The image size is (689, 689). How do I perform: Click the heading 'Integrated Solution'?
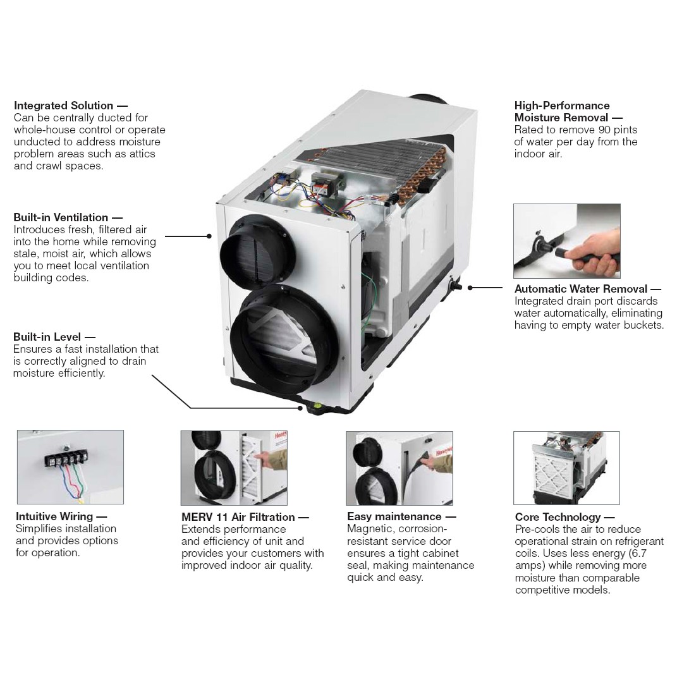64,106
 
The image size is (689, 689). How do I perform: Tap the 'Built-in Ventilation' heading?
61,217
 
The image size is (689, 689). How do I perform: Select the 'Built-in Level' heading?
47,337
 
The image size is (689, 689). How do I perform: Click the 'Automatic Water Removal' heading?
580,289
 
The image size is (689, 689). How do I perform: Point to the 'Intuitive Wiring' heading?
54,516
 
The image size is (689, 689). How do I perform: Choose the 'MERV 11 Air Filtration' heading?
238,517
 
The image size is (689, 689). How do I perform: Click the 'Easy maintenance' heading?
394,517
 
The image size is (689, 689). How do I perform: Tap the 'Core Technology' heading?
558,517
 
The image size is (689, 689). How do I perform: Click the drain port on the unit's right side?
456,286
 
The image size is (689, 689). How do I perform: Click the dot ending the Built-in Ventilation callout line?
209,236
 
